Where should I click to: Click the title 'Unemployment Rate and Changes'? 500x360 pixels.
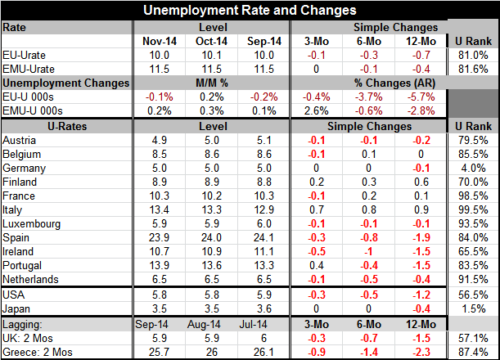click(x=250, y=11)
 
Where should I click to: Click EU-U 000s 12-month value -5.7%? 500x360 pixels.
click(x=419, y=97)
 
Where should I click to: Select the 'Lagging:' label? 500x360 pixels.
click(x=25, y=323)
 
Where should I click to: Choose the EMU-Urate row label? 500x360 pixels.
click(x=29, y=69)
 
